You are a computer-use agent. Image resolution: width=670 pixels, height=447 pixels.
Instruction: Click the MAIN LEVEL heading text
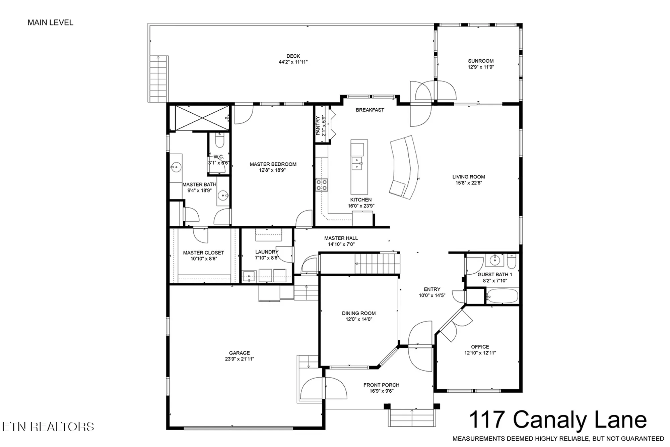pyautogui.click(x=50, y=22)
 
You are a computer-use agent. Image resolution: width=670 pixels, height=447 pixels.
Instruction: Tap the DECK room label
pyautogui.click(x=293, y=56)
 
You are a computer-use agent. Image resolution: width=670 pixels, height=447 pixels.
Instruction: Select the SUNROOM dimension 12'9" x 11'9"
pyautogui.click(x=481, y=67)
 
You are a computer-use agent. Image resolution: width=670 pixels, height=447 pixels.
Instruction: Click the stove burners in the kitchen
pyautogui.click(x=321, y=185)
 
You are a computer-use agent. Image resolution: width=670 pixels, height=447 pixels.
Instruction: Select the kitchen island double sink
pyautogui.click(x=356, y=163)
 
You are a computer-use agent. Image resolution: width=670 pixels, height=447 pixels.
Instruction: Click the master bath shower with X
pyautogui.click(x=202, y=118)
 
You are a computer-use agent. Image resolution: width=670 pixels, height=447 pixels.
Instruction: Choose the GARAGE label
pyautogui.click(x=239, y=353)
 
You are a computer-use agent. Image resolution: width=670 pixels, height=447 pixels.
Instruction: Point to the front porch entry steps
pyautogui.click(x=412, y=417)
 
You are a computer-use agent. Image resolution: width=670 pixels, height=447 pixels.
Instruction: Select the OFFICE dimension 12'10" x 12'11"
pyautogui.click(x=480, y=353)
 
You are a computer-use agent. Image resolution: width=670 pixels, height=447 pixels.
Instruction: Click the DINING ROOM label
pyautogui.click(x=358, y=313)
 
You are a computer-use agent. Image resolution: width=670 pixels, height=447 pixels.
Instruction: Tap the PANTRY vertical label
pyautogui.click(x=318, y=126)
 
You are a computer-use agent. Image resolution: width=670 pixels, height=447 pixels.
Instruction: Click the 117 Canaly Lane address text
pyautogui.click(x=557, y=420)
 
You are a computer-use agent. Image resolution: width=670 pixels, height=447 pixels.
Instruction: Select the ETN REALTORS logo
pyautogui.click(x=48, y=427)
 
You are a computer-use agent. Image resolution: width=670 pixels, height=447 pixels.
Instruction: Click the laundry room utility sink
pyautogui.click(x=249, y=276)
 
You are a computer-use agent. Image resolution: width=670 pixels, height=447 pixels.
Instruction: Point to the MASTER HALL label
pyautogui.click(x=341, y=238)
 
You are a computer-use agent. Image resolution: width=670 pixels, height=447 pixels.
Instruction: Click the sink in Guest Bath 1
pyautogui.click(x=494, y=260)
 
